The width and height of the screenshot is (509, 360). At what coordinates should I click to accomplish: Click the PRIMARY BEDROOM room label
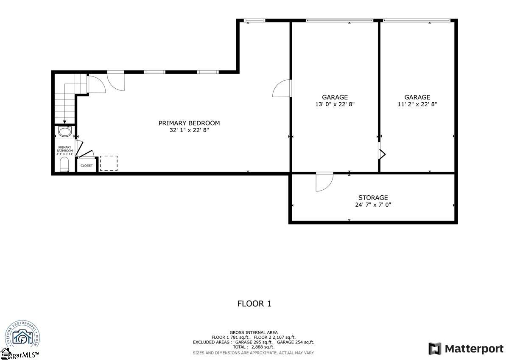[189, 123]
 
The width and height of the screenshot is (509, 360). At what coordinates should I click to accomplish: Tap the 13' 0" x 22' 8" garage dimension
[335, 104]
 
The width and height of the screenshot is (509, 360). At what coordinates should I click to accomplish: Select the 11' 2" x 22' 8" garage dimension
[417, 104]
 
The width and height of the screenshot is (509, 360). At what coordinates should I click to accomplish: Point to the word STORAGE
[373, 198]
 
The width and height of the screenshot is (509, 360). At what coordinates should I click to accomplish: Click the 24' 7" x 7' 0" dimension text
[373, 205]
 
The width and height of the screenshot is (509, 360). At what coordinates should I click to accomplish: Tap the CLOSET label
[87, 166]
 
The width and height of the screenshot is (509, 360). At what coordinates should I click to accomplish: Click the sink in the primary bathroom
[65, 132]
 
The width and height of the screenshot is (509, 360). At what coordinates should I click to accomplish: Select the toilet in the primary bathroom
[64, 163]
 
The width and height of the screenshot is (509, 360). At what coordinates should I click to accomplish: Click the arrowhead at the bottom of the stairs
[64, 122]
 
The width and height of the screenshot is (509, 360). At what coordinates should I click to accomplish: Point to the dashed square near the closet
[109, 163]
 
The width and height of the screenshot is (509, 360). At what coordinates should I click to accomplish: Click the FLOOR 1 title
[254, 304]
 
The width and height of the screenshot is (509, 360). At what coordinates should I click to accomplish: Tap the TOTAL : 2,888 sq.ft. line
[254, 347]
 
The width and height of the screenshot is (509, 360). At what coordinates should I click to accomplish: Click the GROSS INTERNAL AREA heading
[254, 332]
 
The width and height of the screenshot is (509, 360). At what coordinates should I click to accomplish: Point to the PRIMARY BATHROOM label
[65, 149]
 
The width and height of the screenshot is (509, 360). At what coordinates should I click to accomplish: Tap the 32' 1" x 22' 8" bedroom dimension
[189, 130]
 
